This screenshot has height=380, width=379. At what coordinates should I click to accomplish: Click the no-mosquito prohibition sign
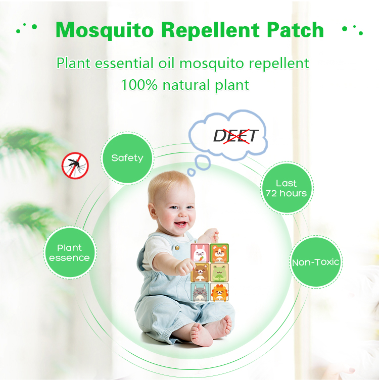75,166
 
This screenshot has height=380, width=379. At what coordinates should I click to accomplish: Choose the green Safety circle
127,158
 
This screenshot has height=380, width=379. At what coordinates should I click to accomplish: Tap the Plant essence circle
70,253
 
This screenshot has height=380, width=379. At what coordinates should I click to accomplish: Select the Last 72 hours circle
286,188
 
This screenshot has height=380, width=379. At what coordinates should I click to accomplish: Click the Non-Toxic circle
316,262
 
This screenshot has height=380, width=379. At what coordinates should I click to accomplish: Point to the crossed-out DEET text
235,136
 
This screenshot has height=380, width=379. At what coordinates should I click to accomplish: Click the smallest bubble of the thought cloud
192,172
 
